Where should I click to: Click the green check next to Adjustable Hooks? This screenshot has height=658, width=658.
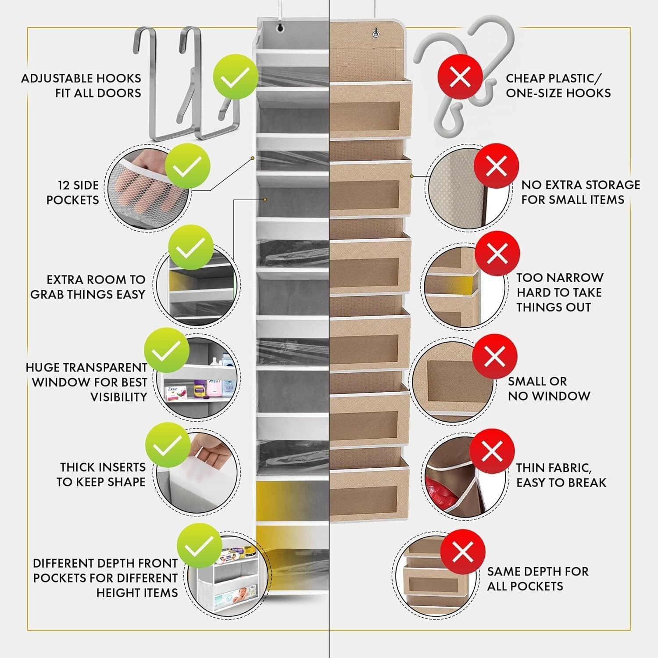click(x=235, y=78)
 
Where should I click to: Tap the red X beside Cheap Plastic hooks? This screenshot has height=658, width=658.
click(x=460, y=78)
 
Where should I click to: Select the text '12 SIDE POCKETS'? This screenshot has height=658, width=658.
click(x=72, y=193)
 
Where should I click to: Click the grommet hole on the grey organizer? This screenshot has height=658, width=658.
click(x=279, y=29)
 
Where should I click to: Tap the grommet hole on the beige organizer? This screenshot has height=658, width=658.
click(x=375, y=33)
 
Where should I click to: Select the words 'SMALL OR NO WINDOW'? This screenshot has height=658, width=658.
click(x=548, y=389)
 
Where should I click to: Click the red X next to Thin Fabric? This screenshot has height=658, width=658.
click(x=492, y=451)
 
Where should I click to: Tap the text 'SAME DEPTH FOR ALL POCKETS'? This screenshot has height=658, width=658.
click(x=537, y=579)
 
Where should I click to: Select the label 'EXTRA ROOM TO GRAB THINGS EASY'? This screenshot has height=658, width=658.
click(x=88, y=287)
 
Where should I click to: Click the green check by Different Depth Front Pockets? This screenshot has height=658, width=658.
click(x=199, y=546)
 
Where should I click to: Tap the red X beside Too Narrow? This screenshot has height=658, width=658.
click(x=497, y=254)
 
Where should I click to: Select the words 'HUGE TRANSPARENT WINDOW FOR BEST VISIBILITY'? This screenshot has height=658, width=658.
click(x=87, y=382)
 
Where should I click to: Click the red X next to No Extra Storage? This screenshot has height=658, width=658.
click(x=496, y=166)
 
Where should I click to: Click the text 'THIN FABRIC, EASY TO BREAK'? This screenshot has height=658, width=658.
click(x=561, y=475)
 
